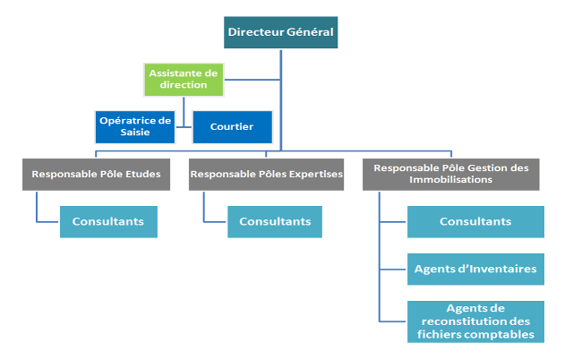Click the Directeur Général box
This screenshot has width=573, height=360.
[x=281, y=33]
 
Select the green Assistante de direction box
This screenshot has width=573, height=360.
[x=183, y=79]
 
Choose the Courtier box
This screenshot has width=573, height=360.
[x=231, y=127]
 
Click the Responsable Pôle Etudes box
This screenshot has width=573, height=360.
[x=96, y=175]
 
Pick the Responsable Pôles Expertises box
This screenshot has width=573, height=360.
[x=266, y=175]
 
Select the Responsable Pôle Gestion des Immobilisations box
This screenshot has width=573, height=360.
[x=451, y=174]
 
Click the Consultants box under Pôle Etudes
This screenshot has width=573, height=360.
[x=108, y=221]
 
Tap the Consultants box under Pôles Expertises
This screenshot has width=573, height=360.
[x=275, y=221]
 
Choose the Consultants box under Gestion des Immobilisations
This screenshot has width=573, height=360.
[x=475, y=221]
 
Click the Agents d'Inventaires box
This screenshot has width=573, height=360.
[x=475, y=268]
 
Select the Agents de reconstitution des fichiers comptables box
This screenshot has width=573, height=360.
[x=475, y=321]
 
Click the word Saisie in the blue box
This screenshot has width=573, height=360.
[x=135, y=133]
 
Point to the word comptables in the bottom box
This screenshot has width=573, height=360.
[x=506, y=334]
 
